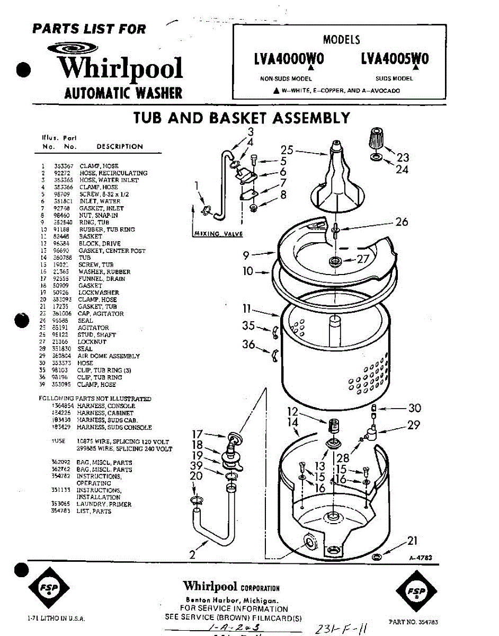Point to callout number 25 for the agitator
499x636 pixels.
click(x=287, y=150)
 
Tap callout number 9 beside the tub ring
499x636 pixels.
click(x=246, y=255)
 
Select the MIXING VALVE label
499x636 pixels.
click(x=215, y=233)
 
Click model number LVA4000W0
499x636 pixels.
click(x=289, y=59)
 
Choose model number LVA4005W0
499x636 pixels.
click(x=394, y=59)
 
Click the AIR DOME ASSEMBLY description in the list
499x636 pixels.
click(x=109, y=356)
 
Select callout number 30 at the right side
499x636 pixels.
click(x=414, y=408)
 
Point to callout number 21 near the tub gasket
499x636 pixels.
click(x=412, y=541)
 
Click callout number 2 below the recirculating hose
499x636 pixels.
click(x=192, y=555)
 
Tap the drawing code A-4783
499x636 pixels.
click(x=421, y=558)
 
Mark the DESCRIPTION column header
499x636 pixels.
click(x=120, y=146)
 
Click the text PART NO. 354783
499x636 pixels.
click(x=413, y=622)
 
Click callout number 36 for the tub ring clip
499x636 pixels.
click(x=248, y=344)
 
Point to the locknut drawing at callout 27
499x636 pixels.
click(x=335, y=261)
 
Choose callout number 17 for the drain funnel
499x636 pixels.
click(x=197, y=434)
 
